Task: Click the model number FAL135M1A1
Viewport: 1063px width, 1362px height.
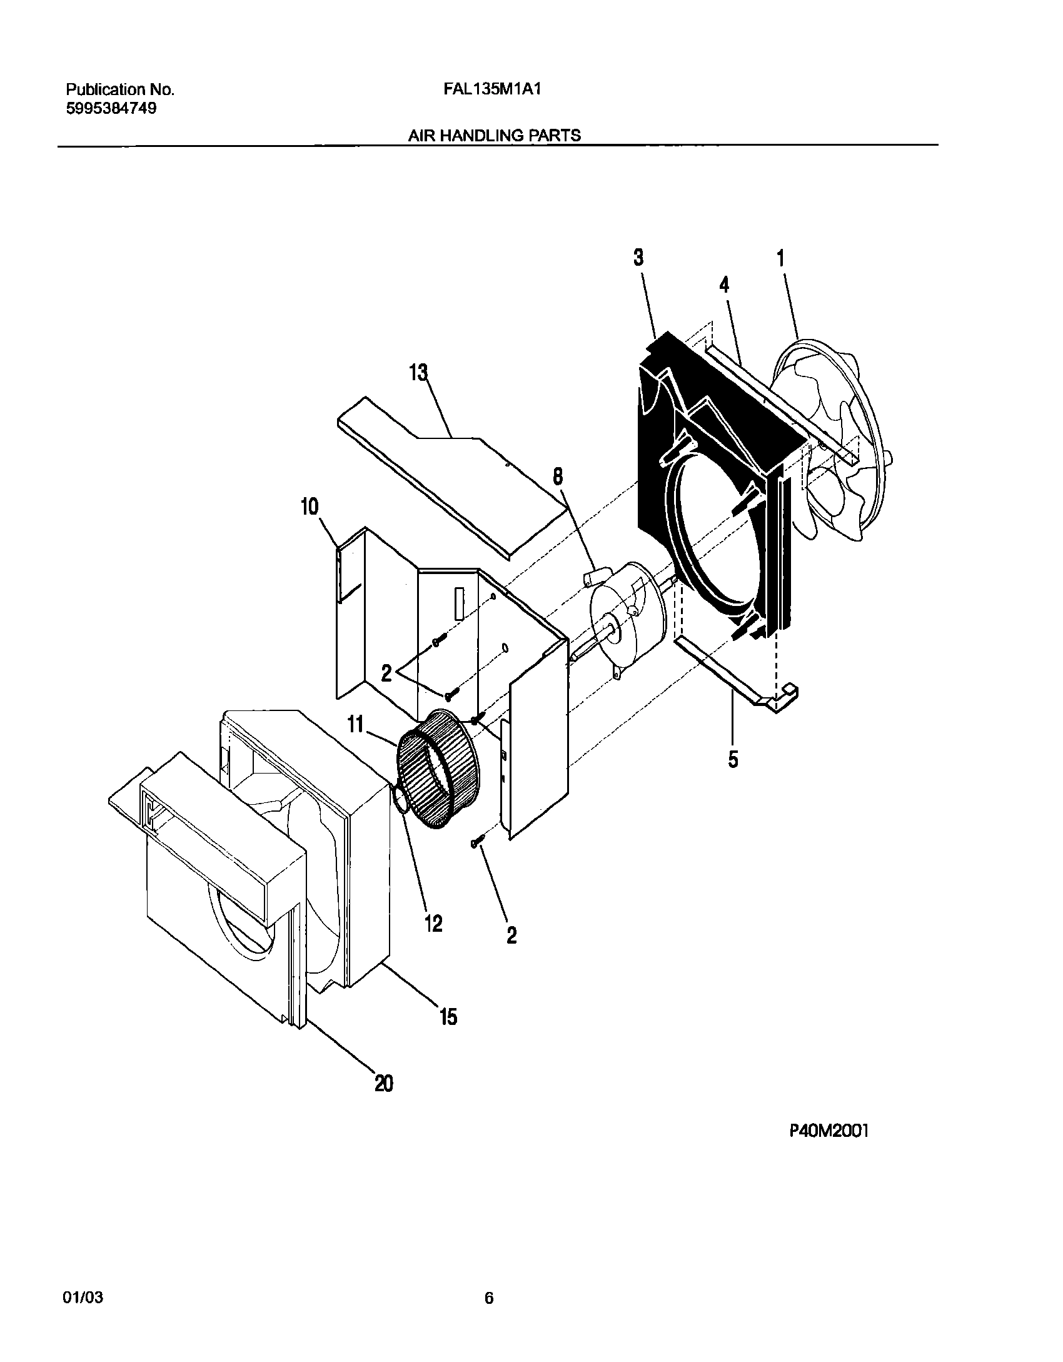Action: click(491, 89)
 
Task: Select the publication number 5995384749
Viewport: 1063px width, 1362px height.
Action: click(111, 108)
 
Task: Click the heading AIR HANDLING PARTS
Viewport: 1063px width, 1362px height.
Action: click(494, 135)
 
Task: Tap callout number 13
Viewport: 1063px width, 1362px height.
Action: click(418, 373)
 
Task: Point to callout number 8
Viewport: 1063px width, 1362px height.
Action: click(557, 477)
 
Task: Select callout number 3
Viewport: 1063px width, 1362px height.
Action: click(638, 257)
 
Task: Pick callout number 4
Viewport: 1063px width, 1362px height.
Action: click(724, 285)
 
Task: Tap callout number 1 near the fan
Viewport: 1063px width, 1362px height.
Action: click(780, 258)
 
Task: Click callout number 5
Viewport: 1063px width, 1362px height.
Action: click(733, 760)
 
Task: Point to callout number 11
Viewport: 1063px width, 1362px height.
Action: click(355, 725)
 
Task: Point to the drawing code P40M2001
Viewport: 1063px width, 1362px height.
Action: click(829, 1165)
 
